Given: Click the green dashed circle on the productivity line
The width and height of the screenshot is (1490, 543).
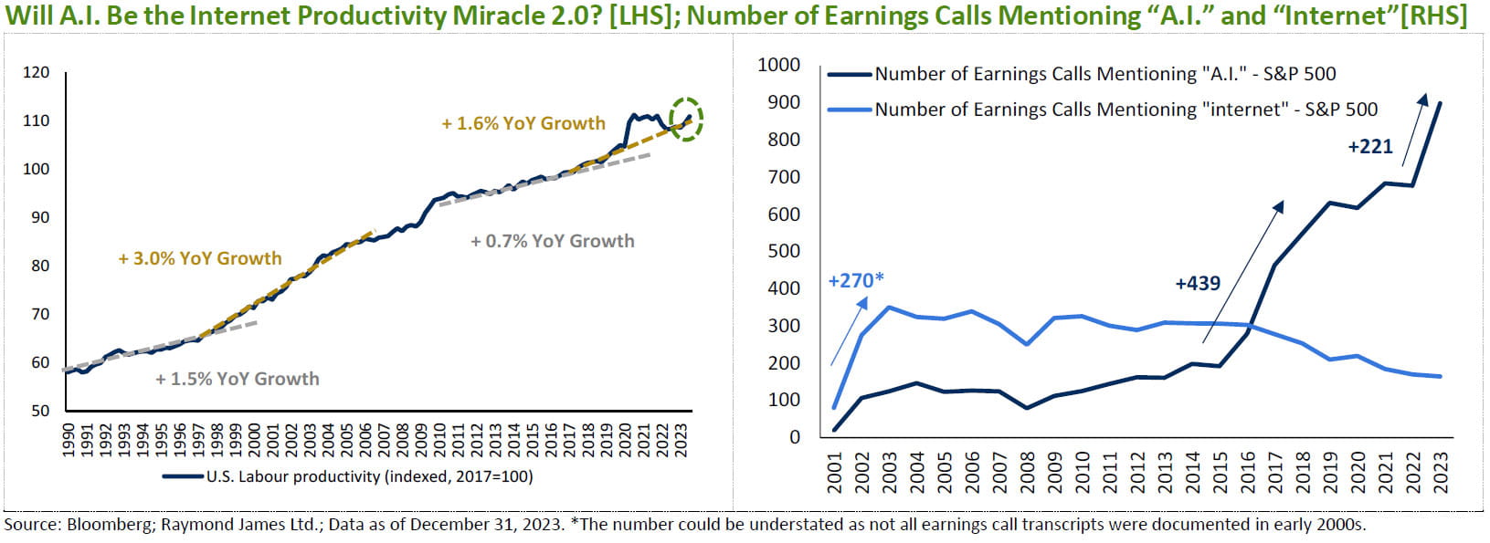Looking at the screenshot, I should click(685, 118).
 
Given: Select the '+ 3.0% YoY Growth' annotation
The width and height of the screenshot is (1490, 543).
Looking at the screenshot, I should click(200, 258).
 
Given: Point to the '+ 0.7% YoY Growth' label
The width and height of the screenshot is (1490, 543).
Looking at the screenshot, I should click(552, 241).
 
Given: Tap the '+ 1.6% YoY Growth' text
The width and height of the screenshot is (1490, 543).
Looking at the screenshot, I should click(523, 123).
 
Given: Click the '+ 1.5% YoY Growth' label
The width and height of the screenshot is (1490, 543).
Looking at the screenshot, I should click(238, 379).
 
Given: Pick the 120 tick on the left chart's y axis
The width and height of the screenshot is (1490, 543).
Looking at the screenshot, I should click(37, 72).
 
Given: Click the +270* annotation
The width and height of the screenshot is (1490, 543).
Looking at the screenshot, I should click(856, 280).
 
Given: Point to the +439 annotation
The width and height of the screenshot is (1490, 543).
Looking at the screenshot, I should click(1198, 283).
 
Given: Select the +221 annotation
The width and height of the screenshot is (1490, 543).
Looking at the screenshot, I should click(1370, 146).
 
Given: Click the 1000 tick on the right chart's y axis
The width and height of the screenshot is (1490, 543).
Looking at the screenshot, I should click(779, 65).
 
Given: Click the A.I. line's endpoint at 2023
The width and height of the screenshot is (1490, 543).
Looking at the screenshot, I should click(1442, 102).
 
